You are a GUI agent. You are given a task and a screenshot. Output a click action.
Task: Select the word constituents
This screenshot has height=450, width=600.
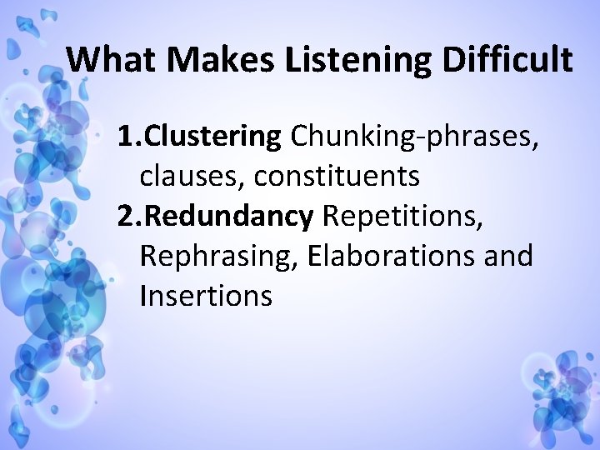(337, 176)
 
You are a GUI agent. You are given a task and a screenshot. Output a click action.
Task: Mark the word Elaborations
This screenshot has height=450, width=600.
(391, 256)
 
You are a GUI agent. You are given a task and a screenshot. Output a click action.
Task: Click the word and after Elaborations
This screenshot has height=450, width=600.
(508, 256)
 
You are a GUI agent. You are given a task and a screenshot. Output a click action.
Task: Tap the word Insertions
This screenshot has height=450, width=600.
(206, 296)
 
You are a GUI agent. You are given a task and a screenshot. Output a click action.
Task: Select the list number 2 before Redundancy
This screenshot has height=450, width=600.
(126, 216)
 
